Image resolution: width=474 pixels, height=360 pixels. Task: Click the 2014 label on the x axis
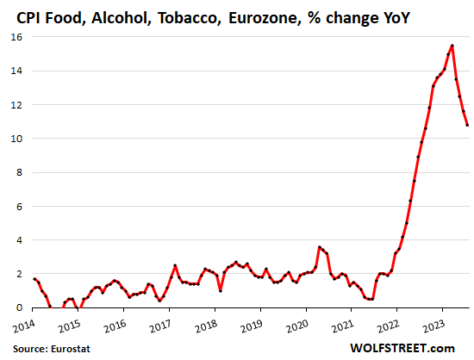(x=23, y=326)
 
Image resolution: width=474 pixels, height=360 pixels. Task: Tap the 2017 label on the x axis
(x=161, y=326)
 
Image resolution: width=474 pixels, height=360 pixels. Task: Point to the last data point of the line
(x=468, y=125)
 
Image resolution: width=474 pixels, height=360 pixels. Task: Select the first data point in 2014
(x=34, y=278)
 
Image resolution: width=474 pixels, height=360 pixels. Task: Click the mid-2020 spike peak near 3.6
(x=320, y=246)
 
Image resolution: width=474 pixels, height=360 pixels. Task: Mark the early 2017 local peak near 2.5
(x=175, y=265)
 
